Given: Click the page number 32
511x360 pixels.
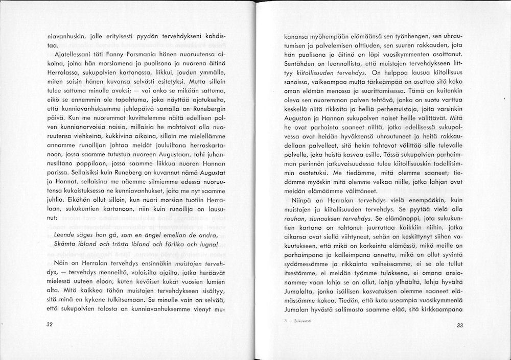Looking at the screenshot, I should click(x=49, y=325).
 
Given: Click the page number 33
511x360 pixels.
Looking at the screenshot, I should click(x=459, y=325).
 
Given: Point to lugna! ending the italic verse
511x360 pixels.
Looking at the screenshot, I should click(x=208, y=245).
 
